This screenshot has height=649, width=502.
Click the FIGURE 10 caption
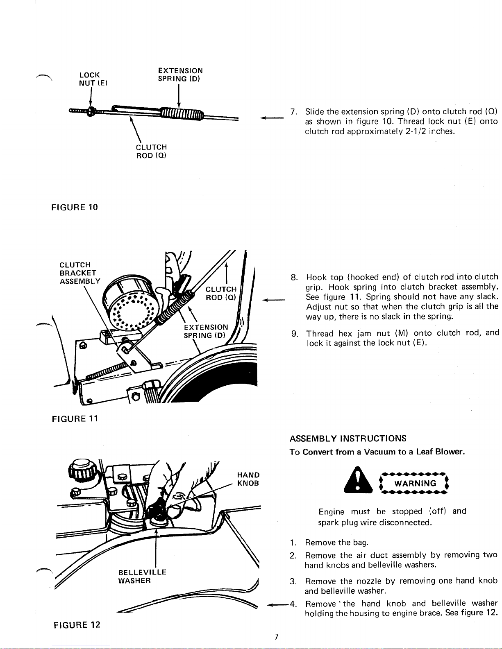point(75,207)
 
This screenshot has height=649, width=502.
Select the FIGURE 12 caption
point(77,625)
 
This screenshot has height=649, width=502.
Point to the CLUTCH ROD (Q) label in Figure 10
point(151,151)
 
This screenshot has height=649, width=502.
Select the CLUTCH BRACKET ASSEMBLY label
point(80,273)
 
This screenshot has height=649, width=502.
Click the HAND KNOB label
point(248,479)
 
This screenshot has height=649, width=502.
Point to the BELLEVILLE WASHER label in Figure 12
point(142,576)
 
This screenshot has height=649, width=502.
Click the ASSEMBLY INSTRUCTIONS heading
point(348,439)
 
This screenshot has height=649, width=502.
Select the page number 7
point(276,636)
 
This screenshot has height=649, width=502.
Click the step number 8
point(294,277)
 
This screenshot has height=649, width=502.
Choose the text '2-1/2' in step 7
point(413,131)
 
